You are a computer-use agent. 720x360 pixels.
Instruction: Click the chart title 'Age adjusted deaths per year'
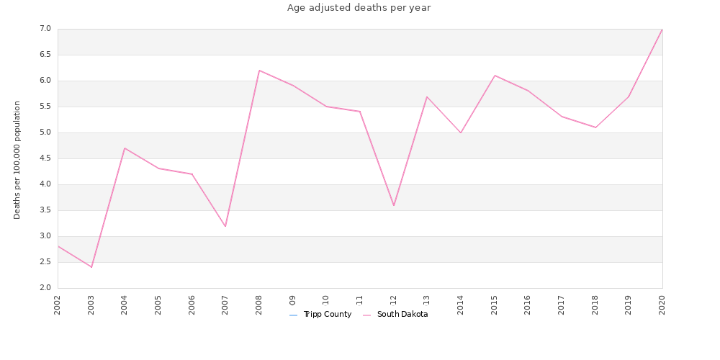[x=359, y=8]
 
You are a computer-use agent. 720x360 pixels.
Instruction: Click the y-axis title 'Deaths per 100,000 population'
[x=17, y=160]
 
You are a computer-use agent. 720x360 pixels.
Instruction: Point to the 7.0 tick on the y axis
[x=45, y=29]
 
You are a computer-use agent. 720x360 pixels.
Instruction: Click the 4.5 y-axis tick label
[x=45, y=158]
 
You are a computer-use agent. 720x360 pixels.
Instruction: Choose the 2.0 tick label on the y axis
[x=45, y=288]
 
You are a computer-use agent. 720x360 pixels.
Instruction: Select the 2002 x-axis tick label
[x=58, y=304]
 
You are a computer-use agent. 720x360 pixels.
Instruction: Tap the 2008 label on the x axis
[x=259, y=304]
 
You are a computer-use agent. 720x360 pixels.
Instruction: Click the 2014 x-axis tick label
[x=461, y=304]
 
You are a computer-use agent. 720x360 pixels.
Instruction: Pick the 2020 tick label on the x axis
[x=662, y=304]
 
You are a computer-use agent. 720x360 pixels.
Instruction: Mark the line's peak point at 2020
[x=662, y=29]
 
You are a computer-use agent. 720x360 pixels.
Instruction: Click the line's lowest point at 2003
[x=91, y=267]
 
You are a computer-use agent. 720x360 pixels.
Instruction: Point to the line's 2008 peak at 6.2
[x=259, y=71]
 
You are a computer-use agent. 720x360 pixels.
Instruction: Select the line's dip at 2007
[x=225, y=226]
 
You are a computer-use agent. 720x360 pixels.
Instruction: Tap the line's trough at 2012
[x=394, y=205]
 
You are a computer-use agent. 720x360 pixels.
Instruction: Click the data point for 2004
[x=125, y=148]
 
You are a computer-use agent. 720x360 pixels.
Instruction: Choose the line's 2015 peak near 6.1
[x=495, y=76]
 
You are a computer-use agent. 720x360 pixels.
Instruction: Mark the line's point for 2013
[x=427, y=96]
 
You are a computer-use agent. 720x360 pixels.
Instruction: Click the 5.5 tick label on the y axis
[x=45, y=107]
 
